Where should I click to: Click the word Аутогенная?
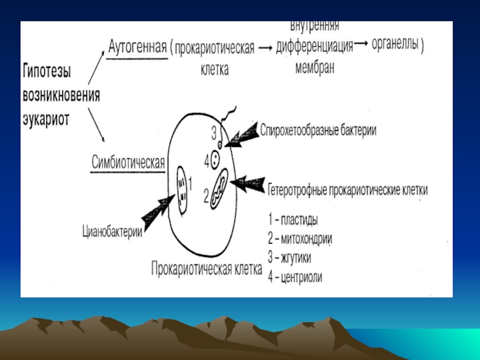tap(137, 48)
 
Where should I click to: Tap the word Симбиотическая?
tap(128, 162)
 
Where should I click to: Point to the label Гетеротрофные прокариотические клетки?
tap(348, 190)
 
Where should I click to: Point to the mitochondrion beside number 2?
tap(218, 188)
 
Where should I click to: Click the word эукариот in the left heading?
tap(47, 119)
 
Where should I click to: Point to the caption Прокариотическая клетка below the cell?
tap(207, 268)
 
